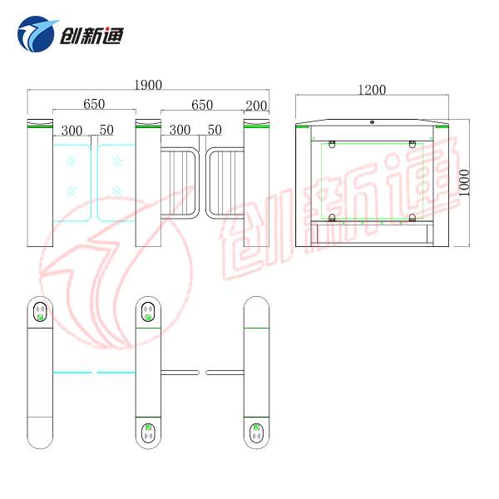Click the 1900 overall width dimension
coord(147,85)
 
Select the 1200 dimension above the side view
coord(373,89)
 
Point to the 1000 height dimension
coord(466,183)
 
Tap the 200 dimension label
coord(256,106)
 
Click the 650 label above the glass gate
coord(94,105)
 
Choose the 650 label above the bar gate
coord(202,106)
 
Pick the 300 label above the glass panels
coord(72,131)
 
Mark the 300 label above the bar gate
coord(180,131)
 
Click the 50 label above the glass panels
coord(106,131)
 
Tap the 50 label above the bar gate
coord(215,131)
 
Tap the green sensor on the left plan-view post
coord(40,312)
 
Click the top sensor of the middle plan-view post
coord(148,312)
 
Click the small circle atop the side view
coord(372,122)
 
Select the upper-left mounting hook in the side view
coord(332,145)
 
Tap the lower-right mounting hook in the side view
coord(412,219)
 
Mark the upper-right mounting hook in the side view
coord(412,145)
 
